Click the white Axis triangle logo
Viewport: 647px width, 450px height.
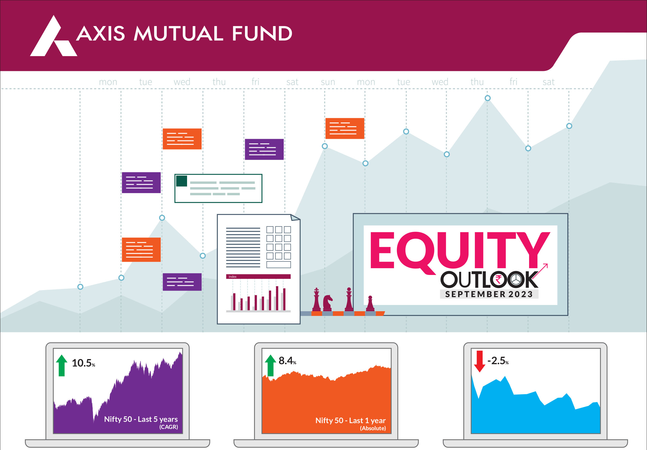pyautogui.click(x=53, y=38)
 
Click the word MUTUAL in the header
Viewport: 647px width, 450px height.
pyautogui.click(x=179, y=34)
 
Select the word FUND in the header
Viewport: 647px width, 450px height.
pyautogui.click(x=262, y=34)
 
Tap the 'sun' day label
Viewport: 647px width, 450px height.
pyautogui.click(x=328, y=82)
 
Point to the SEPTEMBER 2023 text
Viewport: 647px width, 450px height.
pyautogui.click(x=489, y=294)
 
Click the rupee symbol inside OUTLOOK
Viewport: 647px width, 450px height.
pyautogui.click(x=499, y=280)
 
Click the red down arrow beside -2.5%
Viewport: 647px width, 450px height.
pyautogui.click(x=480, y=362)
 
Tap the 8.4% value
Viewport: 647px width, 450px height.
pyautogui.click(x=287, y=361)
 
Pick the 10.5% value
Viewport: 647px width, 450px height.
pyautogui.click(x=83, y=363)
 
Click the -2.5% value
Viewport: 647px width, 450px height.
pyautogui.click(x=498, y=361)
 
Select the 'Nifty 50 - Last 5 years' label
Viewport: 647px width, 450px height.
pyautogui.click(x=141, y=419)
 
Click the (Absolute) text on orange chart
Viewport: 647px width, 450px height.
pyautogui.click(x=373, y=428)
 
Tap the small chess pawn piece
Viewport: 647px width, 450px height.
pyautogui.click(x=370, y=304)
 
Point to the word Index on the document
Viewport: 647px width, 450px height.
pyautogui.click(x=232, y=277)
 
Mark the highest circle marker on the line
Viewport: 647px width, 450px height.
pyautogui.click(x=488, y=98)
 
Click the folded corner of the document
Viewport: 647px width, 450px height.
pyautogui.click(x=295, y=217)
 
